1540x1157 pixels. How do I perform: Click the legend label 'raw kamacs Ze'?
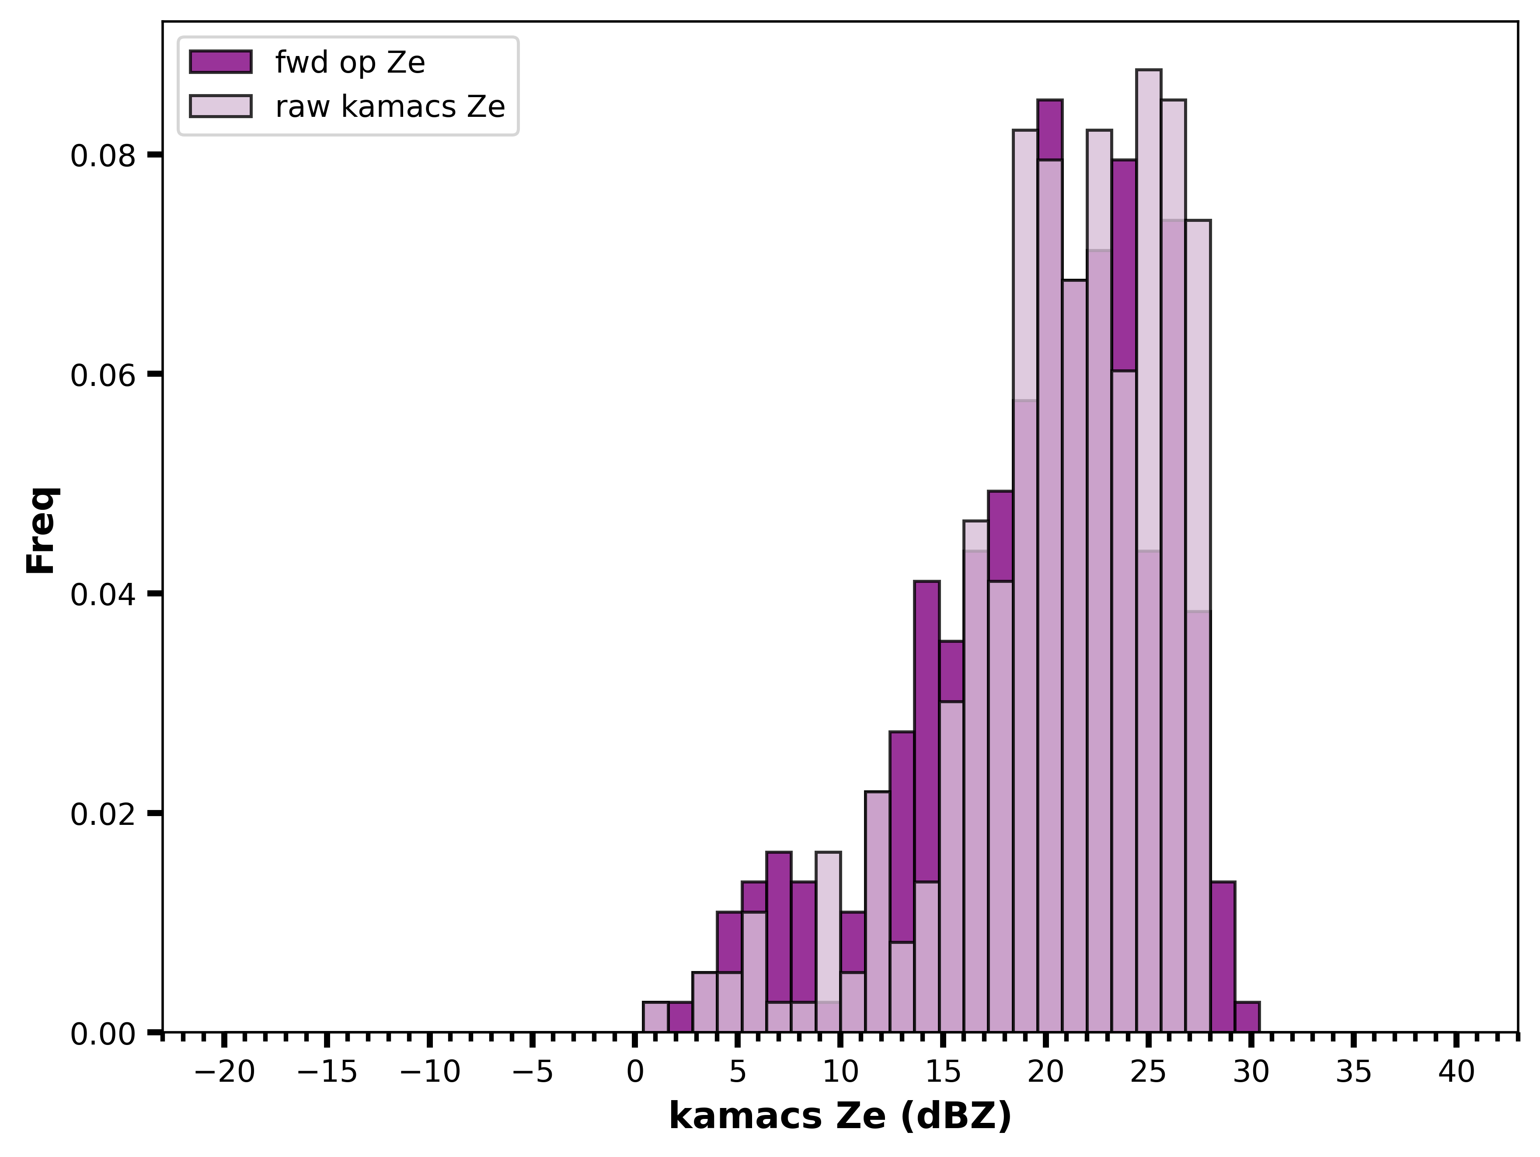point(390,107)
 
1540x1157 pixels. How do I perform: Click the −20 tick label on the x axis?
point(224,1072)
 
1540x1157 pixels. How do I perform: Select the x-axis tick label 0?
point(634,1072)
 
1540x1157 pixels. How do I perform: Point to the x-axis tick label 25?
point(1148,1072)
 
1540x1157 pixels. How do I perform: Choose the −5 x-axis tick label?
point(533,1072)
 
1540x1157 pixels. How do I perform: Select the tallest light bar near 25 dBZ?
point(1149,551)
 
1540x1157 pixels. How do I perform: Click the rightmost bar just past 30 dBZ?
point(1247,1017)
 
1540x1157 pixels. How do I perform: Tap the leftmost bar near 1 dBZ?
point(655,1017)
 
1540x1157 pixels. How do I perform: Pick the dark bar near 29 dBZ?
point(1223,957)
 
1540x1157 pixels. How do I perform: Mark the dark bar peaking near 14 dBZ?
point(927,731)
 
